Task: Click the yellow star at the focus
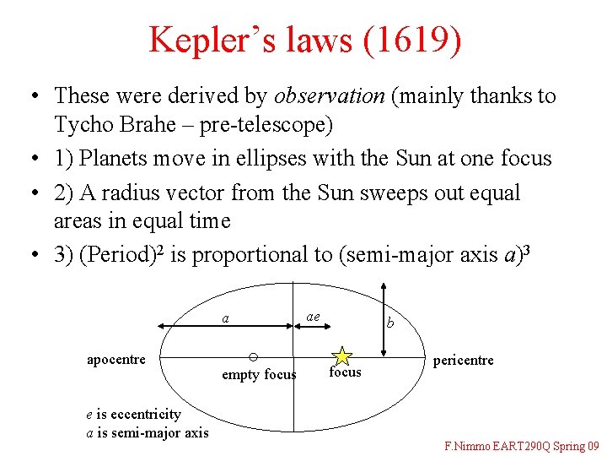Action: (x=342, y=356)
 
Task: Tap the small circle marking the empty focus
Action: (x=253, y=356)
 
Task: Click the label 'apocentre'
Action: (x=116, y=359)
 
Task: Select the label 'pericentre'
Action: (x=463, y=361)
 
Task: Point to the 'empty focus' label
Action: (x=259, y=375)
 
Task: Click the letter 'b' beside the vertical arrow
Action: (x=389, y=322)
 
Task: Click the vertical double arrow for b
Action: (x=384, y=325)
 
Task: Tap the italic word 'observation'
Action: (x=330, y=95)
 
